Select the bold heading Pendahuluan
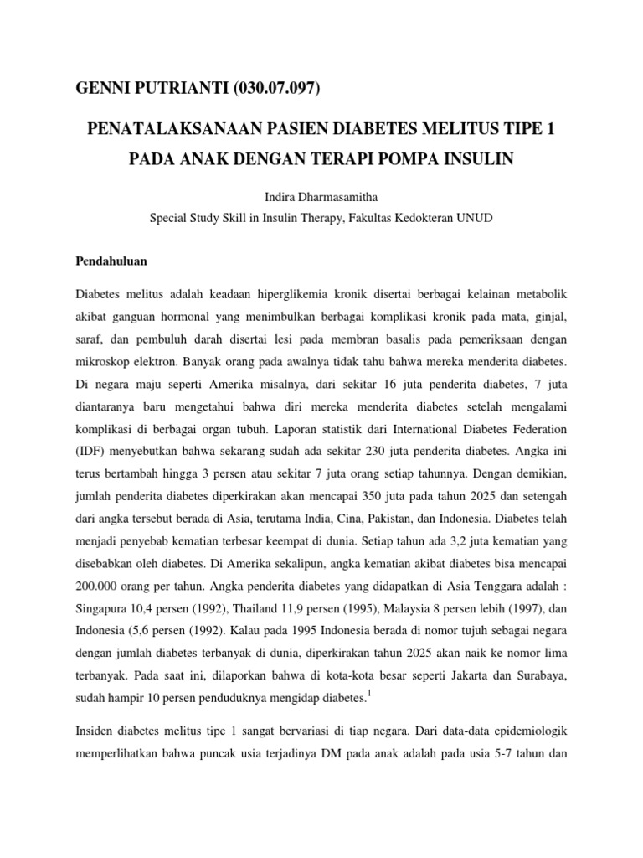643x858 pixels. click(x=111, y=261)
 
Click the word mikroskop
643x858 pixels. click(x=105, y=365)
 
